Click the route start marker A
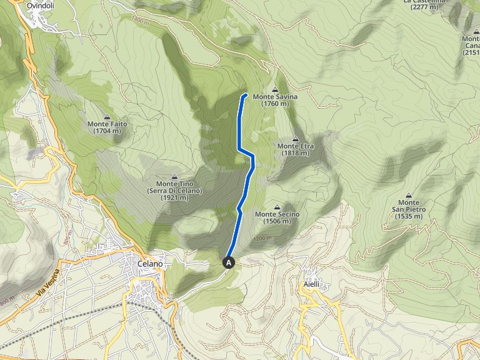(x=229, y=263)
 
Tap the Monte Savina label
(x=275, y=97)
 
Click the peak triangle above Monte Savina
(x=276, y=89)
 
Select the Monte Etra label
(x=295, y=146)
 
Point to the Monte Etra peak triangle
(x=295, y=139)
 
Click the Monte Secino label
(x=277, y=214)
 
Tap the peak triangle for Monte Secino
(x=277, y=207)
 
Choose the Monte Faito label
(x=107, y=124)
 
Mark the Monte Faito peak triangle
(x=108, y=117)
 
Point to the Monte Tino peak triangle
(x=174, y=177)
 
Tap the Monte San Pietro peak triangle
(x=409, y=195)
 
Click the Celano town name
(x=150, y=264)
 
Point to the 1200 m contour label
(x=263, y=238)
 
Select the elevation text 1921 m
(x=174, y=197)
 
